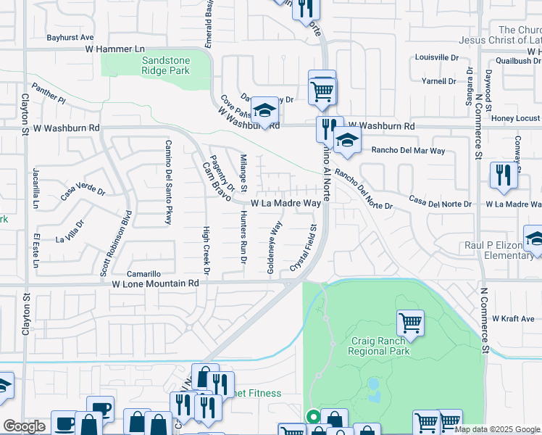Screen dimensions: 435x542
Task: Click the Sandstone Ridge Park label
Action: [165, 65]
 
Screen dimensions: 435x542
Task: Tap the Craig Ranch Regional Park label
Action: [379, 346]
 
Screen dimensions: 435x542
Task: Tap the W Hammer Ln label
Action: [114, 49]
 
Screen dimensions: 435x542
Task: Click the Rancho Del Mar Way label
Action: [408, 151]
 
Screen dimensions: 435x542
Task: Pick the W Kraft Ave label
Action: [513, 318]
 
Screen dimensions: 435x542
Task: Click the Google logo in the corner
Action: [24, 426]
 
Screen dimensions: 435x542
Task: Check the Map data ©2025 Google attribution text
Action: [497, 429]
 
